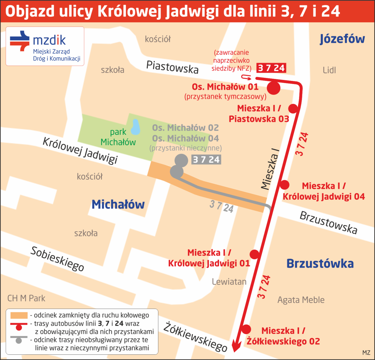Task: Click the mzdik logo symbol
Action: tap(20, 41)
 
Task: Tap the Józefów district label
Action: tap(342, 39)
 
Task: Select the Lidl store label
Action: tap(329, 70)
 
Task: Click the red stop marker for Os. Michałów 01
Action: tap(273, 88)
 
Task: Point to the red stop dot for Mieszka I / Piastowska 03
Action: tap(293, 108)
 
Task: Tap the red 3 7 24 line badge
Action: tap(271, 68)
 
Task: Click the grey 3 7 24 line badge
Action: tap(206, 160)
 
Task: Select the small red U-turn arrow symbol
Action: tap(246, 77)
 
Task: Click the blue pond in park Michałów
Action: tap(135, 127)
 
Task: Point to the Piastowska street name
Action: tap(172, 67)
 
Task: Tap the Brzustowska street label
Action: tap(328, 223)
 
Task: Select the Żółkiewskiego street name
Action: tap(196, 337)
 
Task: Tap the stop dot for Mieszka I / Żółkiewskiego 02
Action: tap(246, 329)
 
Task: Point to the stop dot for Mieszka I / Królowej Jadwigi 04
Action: tap(284, 185)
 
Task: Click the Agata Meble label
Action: tap(301, 300)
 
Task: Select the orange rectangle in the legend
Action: tap(19, 315)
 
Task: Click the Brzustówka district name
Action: tap(320, 264)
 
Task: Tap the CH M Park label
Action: tap(26, 298)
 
